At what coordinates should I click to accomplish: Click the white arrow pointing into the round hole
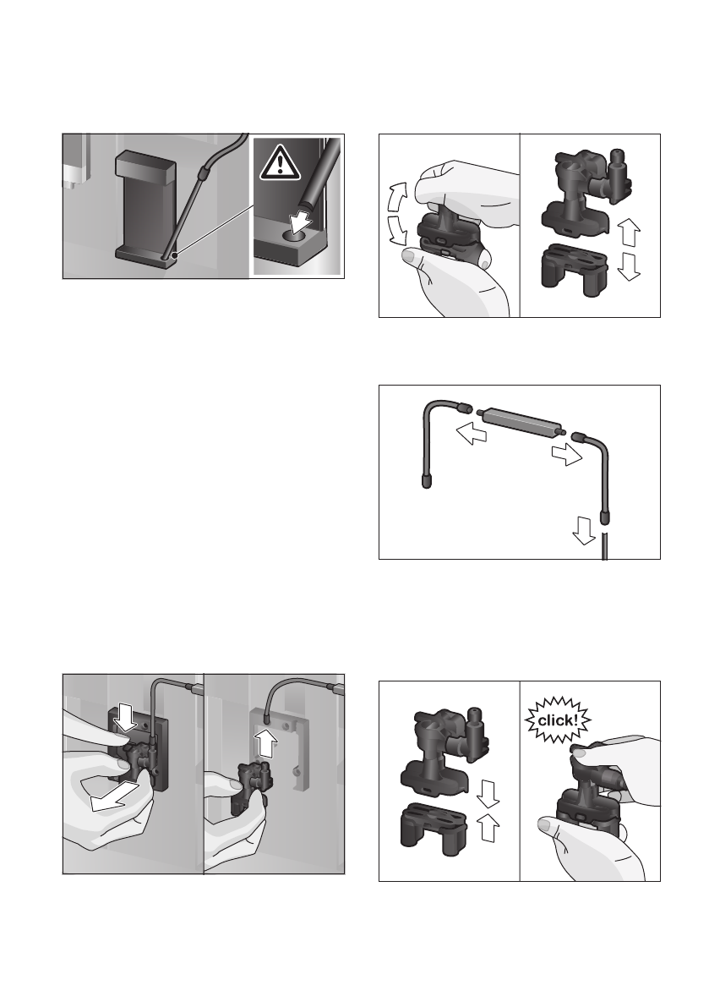(300, 222)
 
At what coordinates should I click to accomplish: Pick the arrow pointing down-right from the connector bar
(568, 454)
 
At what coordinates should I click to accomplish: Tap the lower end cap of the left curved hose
(427, 482)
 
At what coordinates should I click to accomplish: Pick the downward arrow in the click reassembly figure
(488, 794)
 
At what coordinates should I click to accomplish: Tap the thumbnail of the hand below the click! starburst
(545, 824)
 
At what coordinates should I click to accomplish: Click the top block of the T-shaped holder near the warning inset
(145, 167)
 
